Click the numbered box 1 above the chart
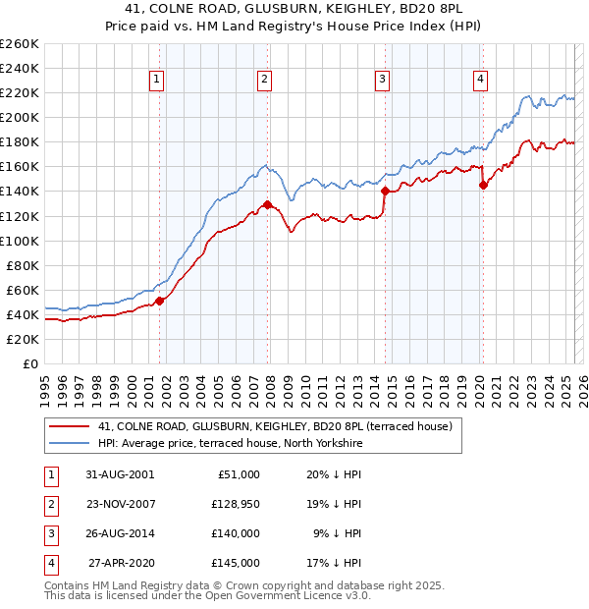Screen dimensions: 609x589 click(157, 81)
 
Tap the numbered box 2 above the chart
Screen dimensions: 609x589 click(265, 81)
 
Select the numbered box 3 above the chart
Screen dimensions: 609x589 click(382, 81)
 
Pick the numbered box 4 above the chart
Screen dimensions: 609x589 click(480, 81)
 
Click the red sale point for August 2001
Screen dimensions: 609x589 click(160, 301)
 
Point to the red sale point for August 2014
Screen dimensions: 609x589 click(385, 191)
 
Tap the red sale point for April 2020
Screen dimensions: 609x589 click(483, 185)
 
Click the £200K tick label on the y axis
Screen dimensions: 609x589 click(20, 117)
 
